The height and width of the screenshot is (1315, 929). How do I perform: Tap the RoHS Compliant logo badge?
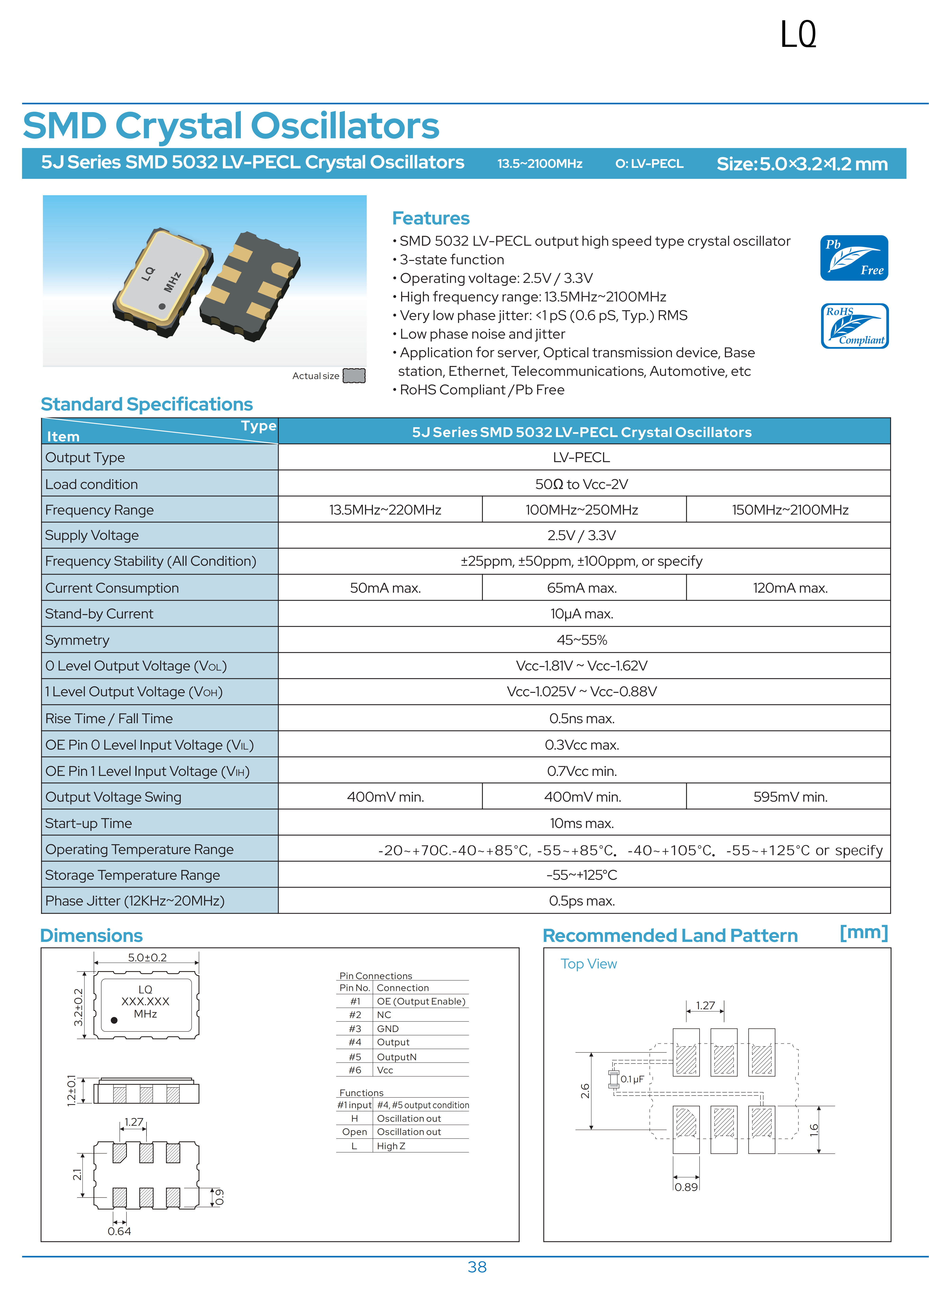tap(854, 326)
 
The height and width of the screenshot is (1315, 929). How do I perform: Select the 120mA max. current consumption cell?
tap(790, 588)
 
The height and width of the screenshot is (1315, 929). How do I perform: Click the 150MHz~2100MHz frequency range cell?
tap(790, 510)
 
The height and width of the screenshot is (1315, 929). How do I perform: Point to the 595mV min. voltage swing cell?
tap(790, 797)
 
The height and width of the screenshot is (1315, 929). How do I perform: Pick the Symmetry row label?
tap(77, 640)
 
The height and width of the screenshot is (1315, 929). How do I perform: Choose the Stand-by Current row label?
tap(99, 614)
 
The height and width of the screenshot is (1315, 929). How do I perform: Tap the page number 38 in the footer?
tap(477, 1267)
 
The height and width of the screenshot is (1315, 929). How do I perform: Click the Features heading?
tap(430, 218)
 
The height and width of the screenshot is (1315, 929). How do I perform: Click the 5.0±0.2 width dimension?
tap(147, 958)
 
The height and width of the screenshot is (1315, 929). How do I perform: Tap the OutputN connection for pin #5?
tap(397, 1057)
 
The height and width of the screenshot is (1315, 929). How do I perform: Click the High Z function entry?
tap(391, 1146)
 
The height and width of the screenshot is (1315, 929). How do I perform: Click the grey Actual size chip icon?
tap(354, 376)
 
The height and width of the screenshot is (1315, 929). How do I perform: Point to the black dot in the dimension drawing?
tap(114, 1020)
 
